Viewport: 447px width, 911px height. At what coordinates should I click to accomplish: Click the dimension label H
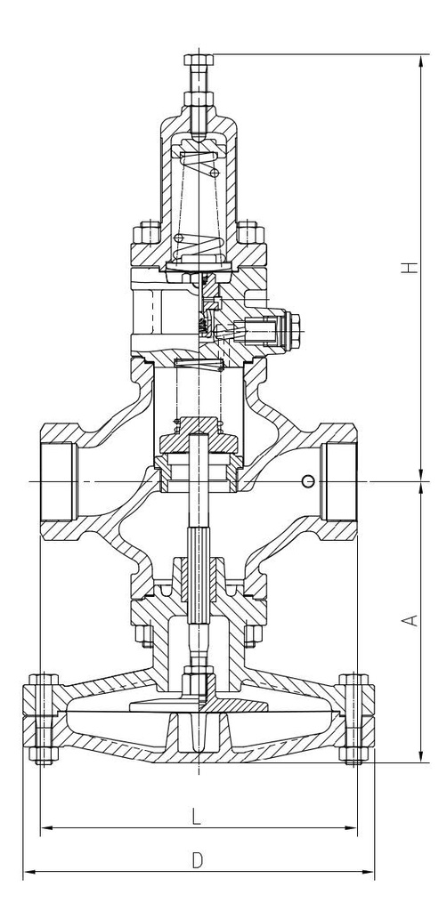412,268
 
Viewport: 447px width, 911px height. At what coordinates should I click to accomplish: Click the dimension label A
411,620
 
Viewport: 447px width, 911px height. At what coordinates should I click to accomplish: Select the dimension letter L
197,818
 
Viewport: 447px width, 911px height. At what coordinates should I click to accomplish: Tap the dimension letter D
198,860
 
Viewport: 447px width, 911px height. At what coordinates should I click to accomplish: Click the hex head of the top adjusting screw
199,60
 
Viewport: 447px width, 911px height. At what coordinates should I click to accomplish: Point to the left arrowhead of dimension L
46,827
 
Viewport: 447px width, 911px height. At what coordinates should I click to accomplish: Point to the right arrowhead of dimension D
369,872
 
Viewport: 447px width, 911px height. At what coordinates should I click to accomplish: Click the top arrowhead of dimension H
421,60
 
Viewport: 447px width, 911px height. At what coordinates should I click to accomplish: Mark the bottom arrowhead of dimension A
421,756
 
